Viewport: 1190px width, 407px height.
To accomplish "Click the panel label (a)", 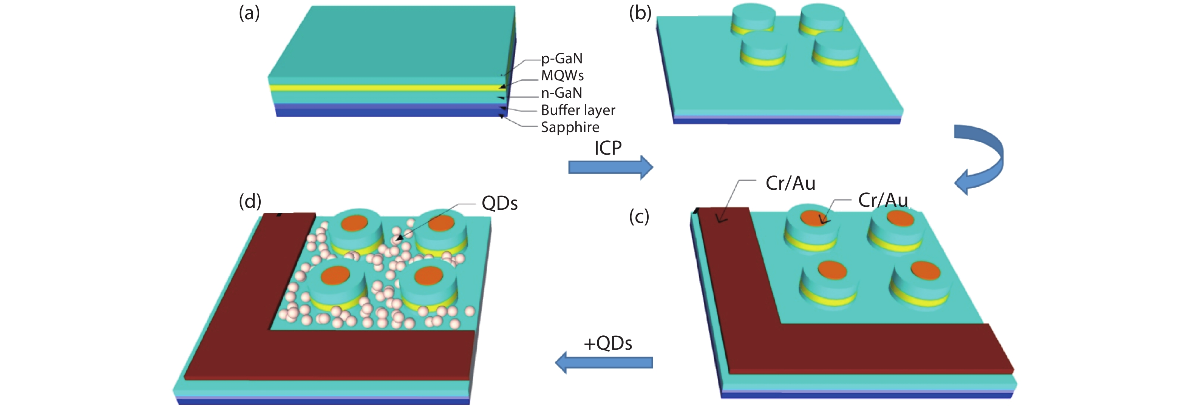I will pos(249,13).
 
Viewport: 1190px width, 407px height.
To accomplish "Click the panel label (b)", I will pos(640,13).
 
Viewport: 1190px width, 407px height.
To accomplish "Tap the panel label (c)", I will pos(639,217).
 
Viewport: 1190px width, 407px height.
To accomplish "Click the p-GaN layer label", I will pos(562,58).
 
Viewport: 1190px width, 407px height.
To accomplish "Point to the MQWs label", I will pos(562,76).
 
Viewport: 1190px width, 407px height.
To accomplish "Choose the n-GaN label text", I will pos(561,93).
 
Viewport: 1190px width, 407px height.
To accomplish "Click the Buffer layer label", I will pos(578,110).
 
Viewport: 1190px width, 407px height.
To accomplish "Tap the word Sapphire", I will pos(570,127).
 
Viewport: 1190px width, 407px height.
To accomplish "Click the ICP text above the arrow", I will pos(608,148).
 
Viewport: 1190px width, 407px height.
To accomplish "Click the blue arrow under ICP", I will pos(610,167).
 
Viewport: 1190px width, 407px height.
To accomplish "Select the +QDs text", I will pos(608,344).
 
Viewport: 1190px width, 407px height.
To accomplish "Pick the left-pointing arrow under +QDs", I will pos(604,362).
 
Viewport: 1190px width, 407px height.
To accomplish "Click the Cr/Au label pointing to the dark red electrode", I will pos(790,184).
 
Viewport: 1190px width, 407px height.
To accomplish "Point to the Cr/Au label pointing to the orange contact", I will pos(883,200).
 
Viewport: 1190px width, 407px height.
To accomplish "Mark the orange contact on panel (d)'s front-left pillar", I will pos(335,275).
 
